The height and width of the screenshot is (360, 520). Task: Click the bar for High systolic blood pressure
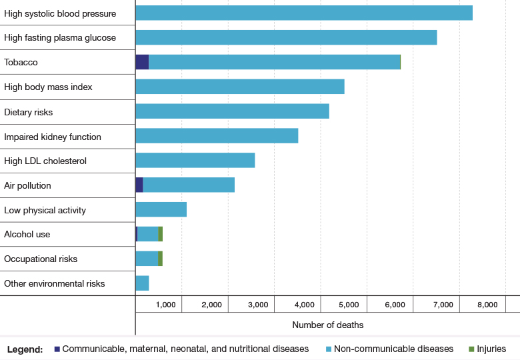[304, 13]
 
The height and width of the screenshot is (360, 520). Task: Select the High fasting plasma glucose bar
[286, 37]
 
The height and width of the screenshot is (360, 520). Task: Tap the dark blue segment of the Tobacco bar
[142, 62]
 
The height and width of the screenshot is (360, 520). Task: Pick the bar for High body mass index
[240, 87]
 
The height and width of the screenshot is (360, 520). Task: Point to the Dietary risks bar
[232, 111]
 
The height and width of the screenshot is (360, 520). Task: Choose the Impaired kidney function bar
[217, 136]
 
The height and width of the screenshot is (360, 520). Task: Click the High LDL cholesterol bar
[195, 160]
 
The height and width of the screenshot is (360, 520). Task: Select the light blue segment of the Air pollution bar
[189, 185]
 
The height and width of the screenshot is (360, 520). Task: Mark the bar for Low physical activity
[161, 209]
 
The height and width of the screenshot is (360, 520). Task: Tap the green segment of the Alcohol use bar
[161, 234]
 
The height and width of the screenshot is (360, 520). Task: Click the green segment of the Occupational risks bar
[161, 259]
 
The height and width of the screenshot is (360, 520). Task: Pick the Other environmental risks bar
[142, 283]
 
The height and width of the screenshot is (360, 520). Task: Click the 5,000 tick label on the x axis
[349, 305]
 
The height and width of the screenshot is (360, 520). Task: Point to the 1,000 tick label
[166, 305]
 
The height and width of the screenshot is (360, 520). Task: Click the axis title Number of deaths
[328, 325]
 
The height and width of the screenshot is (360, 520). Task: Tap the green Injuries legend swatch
[471, 349]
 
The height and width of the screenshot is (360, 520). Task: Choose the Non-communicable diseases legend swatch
[329, 349]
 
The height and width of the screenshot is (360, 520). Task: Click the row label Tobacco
[21, 62]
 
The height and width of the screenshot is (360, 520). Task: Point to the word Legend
[25, 349]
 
